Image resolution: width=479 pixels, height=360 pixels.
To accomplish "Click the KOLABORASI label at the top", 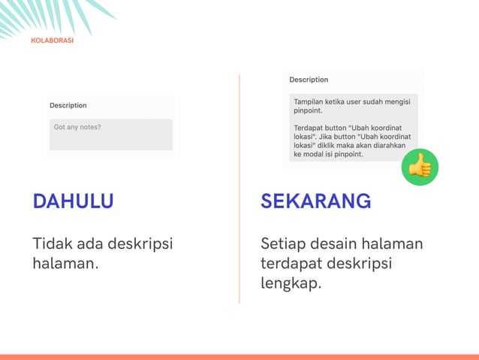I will [53, 41].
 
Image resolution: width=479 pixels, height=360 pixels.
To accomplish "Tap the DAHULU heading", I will [73, 201].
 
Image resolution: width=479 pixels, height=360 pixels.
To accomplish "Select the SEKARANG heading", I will [315, 201].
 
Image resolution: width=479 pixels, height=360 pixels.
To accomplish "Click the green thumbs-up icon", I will [420, 167].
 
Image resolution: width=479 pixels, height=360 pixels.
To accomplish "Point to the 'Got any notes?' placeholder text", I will [77, 127].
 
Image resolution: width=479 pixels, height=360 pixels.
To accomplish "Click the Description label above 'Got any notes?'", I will [68, 106].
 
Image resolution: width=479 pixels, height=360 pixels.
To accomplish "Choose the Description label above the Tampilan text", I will [309, 80].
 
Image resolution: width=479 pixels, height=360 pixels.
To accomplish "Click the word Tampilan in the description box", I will [310, 100].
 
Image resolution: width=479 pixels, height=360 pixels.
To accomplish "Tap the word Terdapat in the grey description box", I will [309, 127].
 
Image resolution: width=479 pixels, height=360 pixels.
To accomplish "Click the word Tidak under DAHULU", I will [48, 244].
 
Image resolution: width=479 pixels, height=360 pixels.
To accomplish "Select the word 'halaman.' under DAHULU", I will [66, 265].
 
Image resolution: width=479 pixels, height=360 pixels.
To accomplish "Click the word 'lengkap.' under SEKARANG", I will [291, 285].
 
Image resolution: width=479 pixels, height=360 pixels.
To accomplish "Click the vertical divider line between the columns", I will [239, 188].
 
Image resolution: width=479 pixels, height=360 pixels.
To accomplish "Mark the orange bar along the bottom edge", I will [239, 356].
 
